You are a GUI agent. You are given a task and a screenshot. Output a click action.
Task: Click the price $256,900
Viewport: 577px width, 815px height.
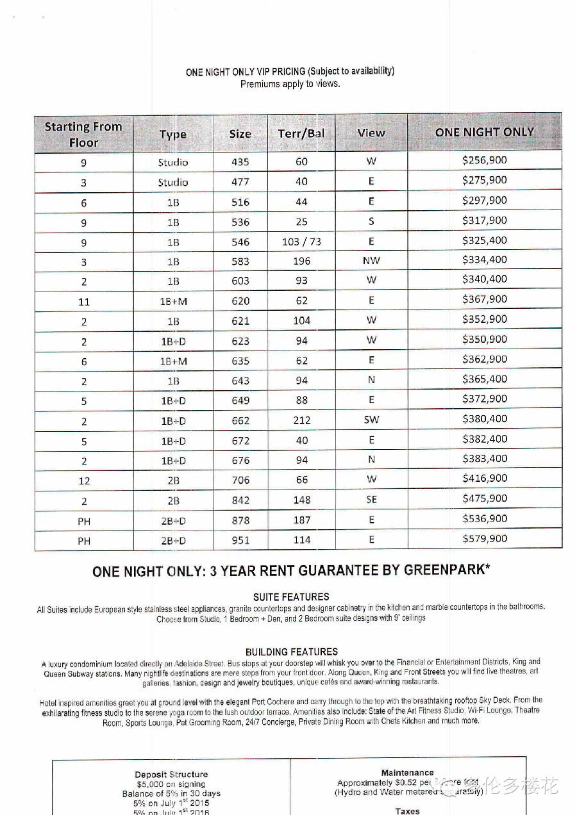[x=484, y=160]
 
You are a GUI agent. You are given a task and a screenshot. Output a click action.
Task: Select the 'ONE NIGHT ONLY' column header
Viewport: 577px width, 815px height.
[x=484, y=132]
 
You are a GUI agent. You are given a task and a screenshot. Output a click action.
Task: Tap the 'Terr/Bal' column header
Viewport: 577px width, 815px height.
[x=301, y=133]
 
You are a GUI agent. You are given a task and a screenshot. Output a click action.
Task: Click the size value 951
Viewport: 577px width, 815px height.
[x=240, y=540]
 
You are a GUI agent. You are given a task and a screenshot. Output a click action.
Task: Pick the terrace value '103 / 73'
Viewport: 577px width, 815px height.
[x=301, y=242]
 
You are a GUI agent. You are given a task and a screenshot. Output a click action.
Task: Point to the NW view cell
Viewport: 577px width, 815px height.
[x=371, y=261]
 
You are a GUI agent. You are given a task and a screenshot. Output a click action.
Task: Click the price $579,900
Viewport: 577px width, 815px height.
[x=484, y=539]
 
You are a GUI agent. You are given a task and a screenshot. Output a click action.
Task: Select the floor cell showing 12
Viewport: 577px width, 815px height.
[x=84, y=481]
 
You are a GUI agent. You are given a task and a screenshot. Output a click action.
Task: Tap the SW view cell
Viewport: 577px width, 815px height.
[x=371, y=420]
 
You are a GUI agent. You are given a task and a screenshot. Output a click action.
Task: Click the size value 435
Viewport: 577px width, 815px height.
[x=240, y=162]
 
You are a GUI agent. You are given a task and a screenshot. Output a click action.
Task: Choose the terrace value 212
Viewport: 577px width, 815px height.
[x=301, y=420]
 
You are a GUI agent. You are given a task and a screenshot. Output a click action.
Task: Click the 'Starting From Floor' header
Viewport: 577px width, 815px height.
[x=83, y=134]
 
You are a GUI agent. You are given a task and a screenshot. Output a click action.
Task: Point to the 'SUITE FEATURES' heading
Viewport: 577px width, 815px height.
[x=291, y=597]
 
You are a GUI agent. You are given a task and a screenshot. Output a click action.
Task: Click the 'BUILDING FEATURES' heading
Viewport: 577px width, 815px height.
[x=291, y=652]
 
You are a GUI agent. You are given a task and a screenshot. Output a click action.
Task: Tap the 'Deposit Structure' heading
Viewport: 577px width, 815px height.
[x=171, y=774]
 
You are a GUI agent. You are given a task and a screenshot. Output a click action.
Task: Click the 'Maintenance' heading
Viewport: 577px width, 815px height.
[x=407, y=773]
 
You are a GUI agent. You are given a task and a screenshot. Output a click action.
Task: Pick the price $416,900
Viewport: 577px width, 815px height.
[x=484, y=479]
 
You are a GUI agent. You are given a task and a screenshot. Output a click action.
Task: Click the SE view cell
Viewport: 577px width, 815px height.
[x=371, y=500]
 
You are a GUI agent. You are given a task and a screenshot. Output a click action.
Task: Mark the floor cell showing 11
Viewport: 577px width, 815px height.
[x=84, y=301]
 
